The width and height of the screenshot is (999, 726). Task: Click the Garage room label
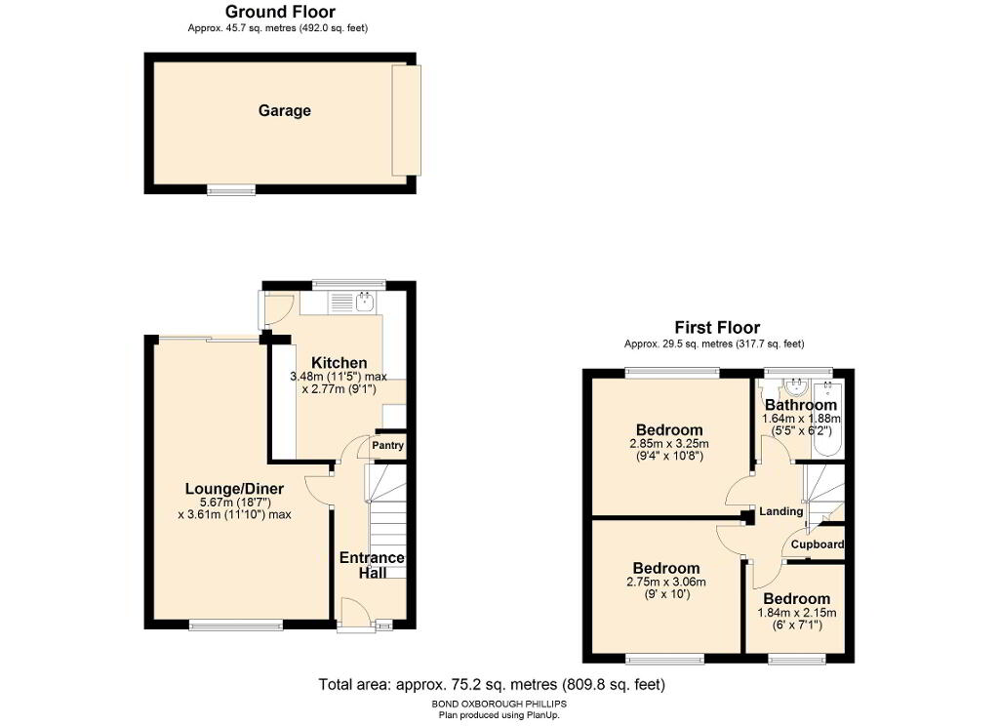284,111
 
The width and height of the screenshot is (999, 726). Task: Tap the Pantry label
387,446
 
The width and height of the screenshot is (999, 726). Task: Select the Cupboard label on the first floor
818,544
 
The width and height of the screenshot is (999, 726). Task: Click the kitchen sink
365,302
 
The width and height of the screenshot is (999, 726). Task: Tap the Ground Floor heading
280,12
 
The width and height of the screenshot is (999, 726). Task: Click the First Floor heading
717,328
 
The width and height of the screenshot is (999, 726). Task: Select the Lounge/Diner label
234,489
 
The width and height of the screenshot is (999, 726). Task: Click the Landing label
781,511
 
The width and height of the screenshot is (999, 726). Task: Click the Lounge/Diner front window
236,625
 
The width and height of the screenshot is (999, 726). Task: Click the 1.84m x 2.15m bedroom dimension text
797,613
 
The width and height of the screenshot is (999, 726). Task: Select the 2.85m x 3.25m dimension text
669,444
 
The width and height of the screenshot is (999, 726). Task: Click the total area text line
492,685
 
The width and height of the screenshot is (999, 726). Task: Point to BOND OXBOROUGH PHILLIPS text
499,705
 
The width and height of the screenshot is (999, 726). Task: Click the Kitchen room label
339,363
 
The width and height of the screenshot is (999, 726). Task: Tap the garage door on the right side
407,120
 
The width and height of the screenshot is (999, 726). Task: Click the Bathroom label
801,405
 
